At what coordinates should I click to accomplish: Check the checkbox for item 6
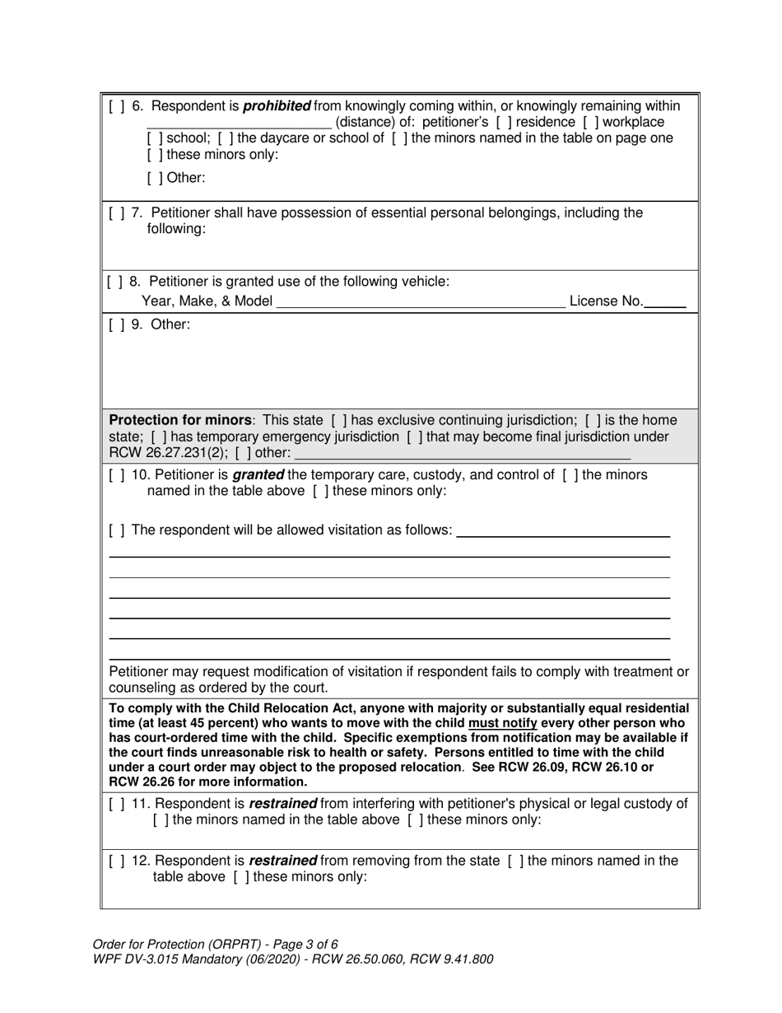[115, 106]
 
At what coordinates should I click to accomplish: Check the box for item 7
[115, 213]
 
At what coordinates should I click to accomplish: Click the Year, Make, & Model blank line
[421, 302]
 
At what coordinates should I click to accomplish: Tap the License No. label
[606, 301]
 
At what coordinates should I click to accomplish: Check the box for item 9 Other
[115, 324]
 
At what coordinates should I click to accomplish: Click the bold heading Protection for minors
[180, 420]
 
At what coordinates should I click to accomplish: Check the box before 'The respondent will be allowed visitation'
[115, 530]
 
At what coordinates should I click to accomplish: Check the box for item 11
[115, 804]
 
